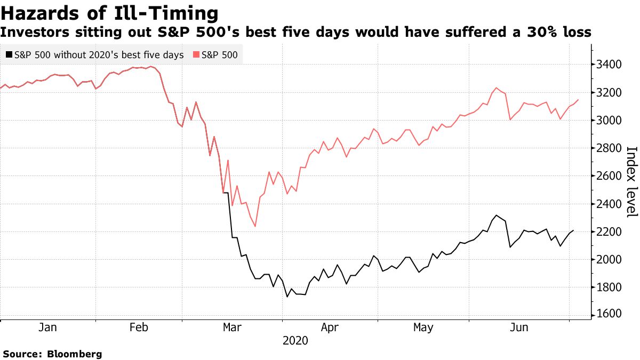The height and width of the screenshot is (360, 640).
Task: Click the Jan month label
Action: pos(48,327)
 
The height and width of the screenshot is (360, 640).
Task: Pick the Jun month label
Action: pos(519,327)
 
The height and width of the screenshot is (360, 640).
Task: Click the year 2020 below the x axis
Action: pos(295,341)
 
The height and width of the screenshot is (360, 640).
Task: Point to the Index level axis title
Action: pos(631,181)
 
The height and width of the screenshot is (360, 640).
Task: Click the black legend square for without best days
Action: pos(9,54)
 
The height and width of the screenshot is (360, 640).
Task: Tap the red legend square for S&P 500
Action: pos(196,54)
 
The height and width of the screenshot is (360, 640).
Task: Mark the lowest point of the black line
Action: pos(287,297)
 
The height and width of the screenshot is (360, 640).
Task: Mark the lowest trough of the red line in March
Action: pos(255,226)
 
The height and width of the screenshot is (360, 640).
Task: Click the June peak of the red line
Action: pos(497,88)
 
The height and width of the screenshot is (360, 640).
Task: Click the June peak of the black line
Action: pos(496,215)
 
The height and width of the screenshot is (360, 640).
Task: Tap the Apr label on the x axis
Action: pos(330,327)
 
